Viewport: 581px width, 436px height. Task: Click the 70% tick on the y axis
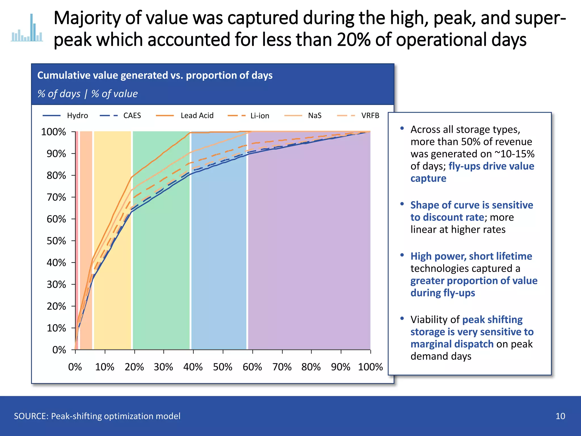click(56, 197)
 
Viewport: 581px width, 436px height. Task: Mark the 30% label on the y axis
click(56, 284)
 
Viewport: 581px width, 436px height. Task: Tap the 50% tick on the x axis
click(223, 367)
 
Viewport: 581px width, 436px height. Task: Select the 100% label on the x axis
click(370, 367)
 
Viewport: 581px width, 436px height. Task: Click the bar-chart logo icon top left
click(27, 28)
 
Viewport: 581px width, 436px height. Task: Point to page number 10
click(560, 416)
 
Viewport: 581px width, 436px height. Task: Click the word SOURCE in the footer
click(31, 416)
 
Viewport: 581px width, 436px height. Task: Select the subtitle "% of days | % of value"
click(87, 94)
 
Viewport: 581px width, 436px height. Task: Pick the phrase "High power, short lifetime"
click(471, 256)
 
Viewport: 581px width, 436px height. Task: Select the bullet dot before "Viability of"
click(402, 318)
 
